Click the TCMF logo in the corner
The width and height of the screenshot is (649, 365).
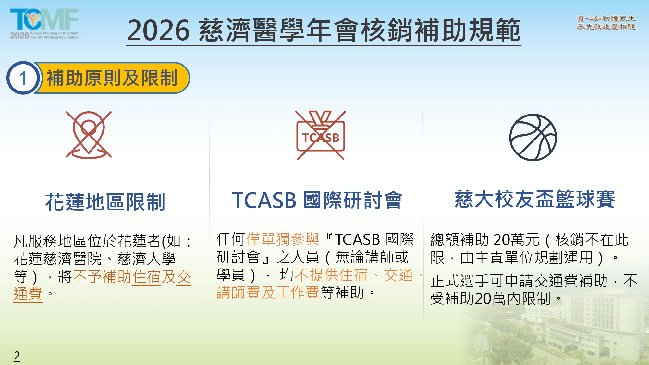(x=44, y=24)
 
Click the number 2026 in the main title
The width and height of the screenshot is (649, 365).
(x=158, y=30)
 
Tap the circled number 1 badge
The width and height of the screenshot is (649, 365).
(x=23, y=78)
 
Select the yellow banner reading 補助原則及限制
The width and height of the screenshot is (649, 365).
(x=112, y=78)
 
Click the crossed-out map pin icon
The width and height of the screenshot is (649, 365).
(x=89, y=135)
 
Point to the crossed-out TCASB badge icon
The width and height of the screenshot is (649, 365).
(x=321, y=135)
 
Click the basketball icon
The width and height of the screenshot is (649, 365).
(x=533, y=137)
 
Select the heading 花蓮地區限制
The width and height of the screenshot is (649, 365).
(x=105, y=202)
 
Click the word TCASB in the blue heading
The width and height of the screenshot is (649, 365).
(x=264, y=200)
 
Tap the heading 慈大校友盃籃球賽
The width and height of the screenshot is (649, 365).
(x=535, y=199)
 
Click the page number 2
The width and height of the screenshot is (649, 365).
(x=17, y=356)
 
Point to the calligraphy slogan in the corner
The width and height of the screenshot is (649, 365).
(x=606, y=23)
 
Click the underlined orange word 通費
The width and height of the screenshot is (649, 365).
(x=28, y=294)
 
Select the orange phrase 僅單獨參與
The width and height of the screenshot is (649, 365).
(x=283, y=239)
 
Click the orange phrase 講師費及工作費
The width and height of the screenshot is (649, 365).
(x=268, y=293)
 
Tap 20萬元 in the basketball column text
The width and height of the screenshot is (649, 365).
(x=516, y=240)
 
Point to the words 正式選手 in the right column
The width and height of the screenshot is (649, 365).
(x=460, y=281)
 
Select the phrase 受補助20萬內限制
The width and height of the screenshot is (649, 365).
(x=490, y=298)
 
